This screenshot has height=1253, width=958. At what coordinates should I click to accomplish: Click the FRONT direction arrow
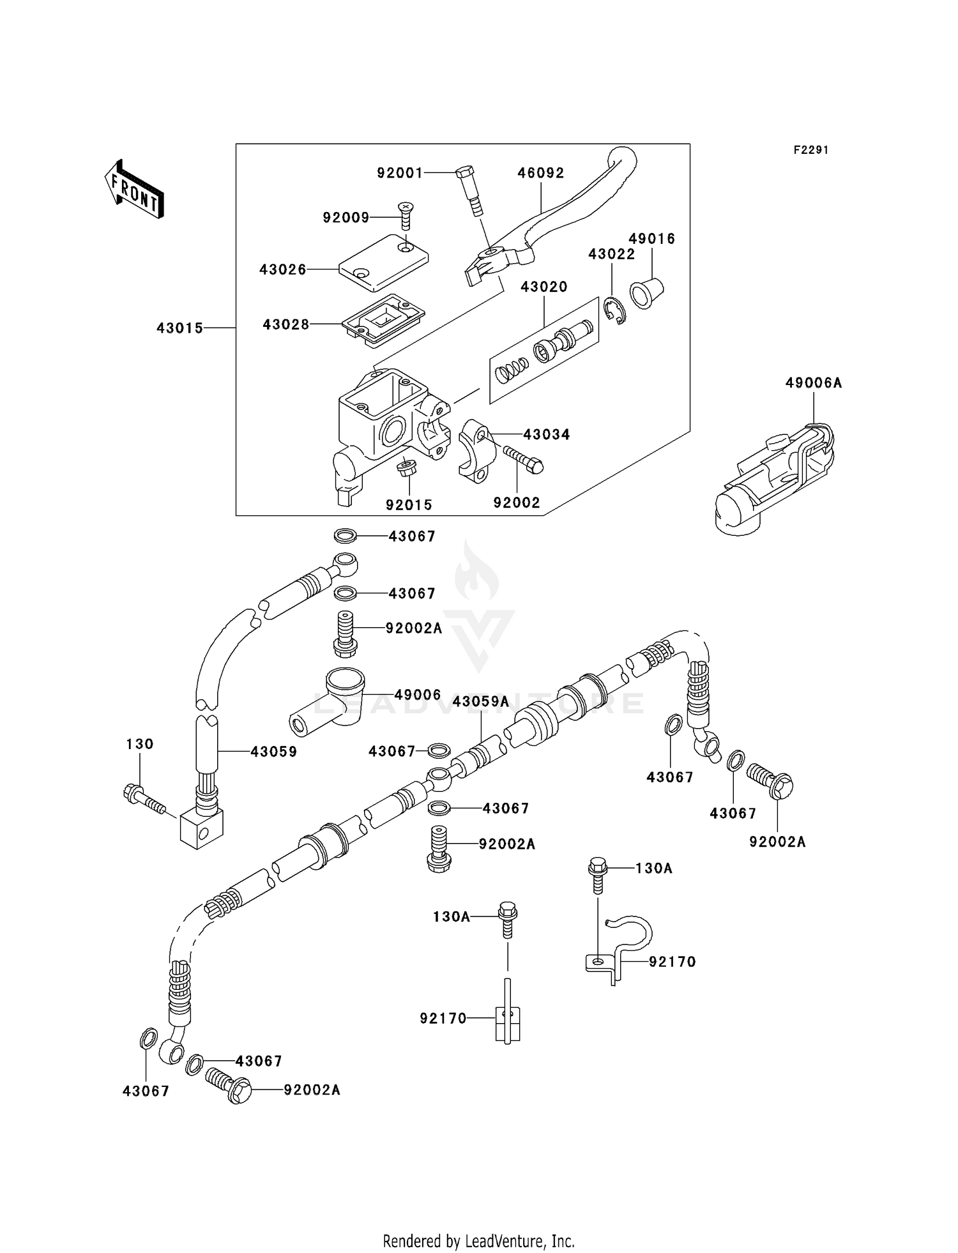pyautogui.click(x=134, y=188)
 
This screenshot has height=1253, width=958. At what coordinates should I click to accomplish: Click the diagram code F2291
pyautogui.click(x=810, y=150)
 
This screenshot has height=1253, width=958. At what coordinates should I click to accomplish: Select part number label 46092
pyautogui.click(x=540, y=173)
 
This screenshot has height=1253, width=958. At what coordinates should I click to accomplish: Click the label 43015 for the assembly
pyautogui.click(x=179, y=328)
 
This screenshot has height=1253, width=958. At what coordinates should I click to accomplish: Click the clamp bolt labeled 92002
pyautogui.click(x=523, y=459)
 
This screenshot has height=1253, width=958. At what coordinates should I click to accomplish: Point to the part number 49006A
pyautogui.click(x=813, y=383)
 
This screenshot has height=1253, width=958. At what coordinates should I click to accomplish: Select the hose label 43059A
pyautogui.click(x=480, y=702)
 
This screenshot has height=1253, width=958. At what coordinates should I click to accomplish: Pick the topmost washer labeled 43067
pyautogui.click(x=346, y=535)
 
